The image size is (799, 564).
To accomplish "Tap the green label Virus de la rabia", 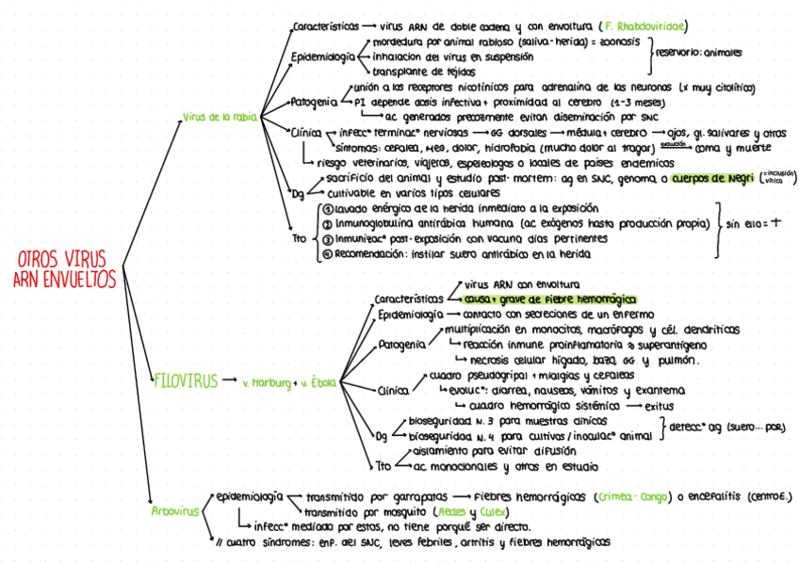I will click(x=218, y=117).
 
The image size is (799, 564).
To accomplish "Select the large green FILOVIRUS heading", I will click(x=185, y=381).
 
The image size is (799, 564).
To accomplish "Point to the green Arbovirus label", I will click(x=175, y=511).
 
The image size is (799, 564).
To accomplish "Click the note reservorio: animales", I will click(x=697, y=54).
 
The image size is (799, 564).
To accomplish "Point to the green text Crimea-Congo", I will click(x=637, y=495).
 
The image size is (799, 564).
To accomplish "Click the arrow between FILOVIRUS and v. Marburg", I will click(x=225, y=382).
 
